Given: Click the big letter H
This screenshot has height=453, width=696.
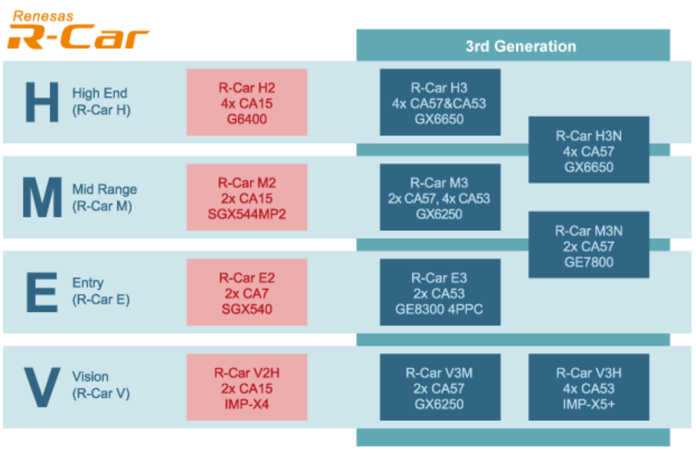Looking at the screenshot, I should click(x=42, y=103).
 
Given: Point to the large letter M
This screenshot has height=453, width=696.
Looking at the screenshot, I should click(x=42, y=197).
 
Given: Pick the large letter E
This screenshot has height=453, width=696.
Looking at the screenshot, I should click(x=42, y=292).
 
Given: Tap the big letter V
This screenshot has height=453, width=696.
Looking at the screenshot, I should click(x=42, y=386).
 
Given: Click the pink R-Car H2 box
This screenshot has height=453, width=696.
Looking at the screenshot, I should click(x=247, y=102).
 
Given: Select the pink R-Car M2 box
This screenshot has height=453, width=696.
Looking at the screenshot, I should click(x=247, y=197).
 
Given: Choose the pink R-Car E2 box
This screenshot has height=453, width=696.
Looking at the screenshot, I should click(x=247, y=292).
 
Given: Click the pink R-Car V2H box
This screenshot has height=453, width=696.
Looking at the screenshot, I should click(x=247, y=387).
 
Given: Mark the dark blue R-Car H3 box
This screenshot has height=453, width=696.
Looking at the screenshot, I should click(x=440, y=102).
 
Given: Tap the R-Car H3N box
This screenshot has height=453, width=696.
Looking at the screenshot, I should click(x=589, y=150).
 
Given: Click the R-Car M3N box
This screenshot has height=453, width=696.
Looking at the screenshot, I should click(x=589, y=245).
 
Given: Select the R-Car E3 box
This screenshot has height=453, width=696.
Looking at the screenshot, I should click(x=440, y=292).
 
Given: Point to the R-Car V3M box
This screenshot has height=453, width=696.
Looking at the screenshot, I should click(x=440, y=387).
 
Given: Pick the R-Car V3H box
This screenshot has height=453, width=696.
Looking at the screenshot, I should click(x=589, y=387).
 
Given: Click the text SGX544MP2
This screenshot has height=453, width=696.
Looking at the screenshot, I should click(x=247, y=215).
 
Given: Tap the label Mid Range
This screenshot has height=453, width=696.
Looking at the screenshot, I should click(x=104, y=189).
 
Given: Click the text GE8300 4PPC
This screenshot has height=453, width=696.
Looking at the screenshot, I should click(x=440, y=309).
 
